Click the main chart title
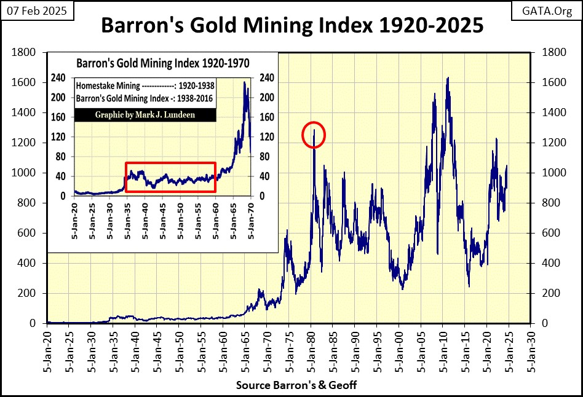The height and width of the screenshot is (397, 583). (x=291, y=27)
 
